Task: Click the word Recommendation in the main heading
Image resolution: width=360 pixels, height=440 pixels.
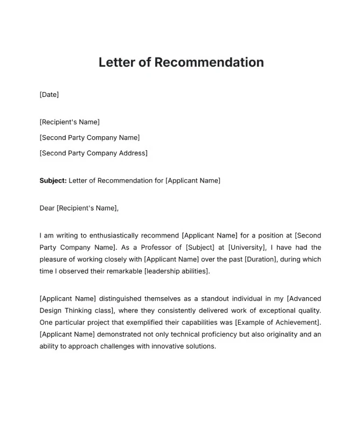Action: pyautogui.click(x=209, y=62)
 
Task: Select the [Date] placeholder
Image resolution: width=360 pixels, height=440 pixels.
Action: pyautogui.click(x=49, y=95)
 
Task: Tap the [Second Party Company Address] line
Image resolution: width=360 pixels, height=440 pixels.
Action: pyautogui.click(x=93, y=153)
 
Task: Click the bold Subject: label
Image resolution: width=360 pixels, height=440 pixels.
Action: pyautogui.click(x=53, y=180)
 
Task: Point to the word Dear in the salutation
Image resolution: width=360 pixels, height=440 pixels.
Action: pyautogui.click(x=47, y=208)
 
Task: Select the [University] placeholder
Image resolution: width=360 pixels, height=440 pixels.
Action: pyautogui.click(x=247, y=247)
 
